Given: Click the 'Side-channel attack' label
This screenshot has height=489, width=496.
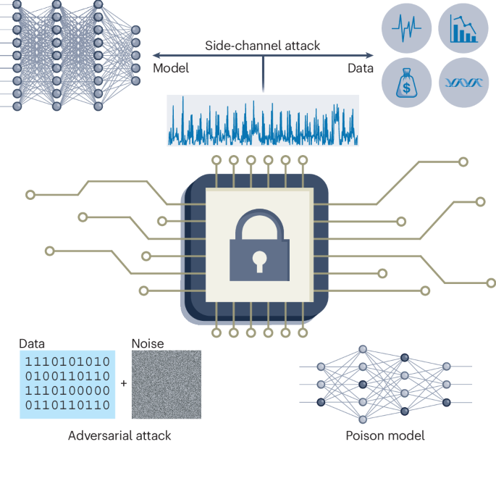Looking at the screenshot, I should click(x=262, y=46).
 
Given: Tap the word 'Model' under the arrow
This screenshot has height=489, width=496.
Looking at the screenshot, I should click(x=171, y=68).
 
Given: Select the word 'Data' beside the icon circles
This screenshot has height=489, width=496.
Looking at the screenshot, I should click(x=359, y=68).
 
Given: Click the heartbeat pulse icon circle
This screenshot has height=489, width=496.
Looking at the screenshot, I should click(x=406, y=30).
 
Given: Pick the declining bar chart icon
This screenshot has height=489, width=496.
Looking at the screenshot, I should click(x=463, y=30).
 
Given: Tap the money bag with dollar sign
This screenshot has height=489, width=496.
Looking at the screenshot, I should click(x=406, y=83).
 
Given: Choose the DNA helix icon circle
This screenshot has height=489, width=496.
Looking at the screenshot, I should click(x=463, y=83).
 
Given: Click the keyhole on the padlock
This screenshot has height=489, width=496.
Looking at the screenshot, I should click(x=259, y=258).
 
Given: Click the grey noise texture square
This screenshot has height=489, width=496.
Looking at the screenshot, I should click(x=166, y=385).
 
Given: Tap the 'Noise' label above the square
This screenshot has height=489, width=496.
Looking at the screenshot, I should click(x=148, y=343).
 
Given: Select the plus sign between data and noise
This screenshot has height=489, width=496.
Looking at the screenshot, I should click(x=123, y=383).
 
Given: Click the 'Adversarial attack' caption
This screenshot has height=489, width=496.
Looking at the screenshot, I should click(x=119, y=435).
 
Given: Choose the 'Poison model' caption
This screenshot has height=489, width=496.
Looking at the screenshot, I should click(x=384, y=435).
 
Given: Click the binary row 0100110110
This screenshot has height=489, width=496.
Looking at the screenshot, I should click(x=67, y=376).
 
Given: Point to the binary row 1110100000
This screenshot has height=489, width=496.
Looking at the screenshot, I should click(x=67, y=391).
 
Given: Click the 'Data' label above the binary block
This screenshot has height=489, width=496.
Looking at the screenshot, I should click(x=32, y=343).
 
